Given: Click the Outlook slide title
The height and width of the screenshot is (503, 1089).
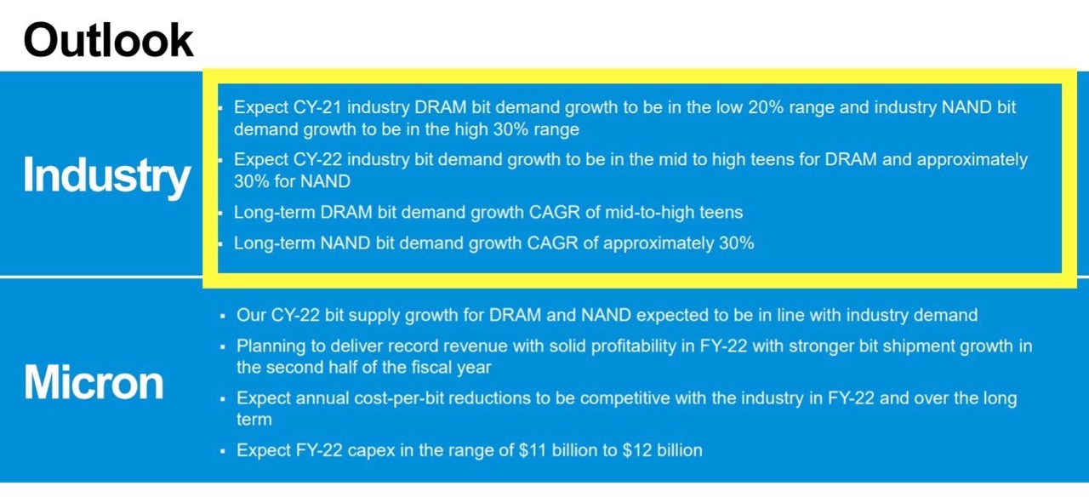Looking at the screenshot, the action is [108, 40].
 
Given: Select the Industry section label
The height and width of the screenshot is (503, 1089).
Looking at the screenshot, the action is [106, 176].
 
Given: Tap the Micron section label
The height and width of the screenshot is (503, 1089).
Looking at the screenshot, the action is [94, 383].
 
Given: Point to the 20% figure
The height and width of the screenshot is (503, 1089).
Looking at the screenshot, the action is [766, 107].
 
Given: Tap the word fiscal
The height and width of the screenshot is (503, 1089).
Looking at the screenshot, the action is [432, 368].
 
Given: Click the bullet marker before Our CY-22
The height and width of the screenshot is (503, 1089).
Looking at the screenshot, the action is [223, 317].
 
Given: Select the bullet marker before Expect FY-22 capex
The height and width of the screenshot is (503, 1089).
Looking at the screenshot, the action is [223, 451].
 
